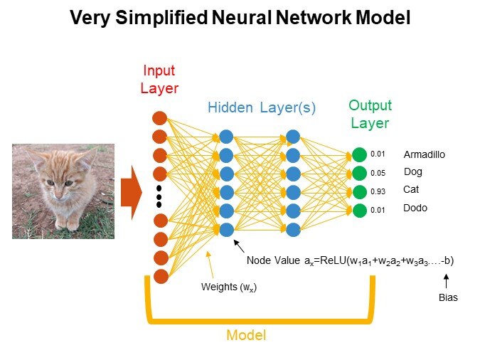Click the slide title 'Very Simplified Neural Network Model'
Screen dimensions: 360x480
click(240, 18)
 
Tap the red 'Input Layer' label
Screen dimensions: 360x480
click(160, 79)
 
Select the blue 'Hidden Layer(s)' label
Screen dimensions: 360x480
click(262, 108)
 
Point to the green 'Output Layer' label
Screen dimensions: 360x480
click(370, 114)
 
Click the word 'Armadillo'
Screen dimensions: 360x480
click(425, 154)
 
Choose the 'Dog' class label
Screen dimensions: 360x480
click(413, 172)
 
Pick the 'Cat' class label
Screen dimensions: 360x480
click(411, 190)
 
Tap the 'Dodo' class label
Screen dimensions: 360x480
click(415, 208)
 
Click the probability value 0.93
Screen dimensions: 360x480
click(378, 191)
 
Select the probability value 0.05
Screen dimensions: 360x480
click(378, 173)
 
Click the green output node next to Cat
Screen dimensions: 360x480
click(359, 191)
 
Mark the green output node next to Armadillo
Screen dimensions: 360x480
click(359, 154)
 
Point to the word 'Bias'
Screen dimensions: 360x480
click(448, 298)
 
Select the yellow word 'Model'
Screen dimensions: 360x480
click(245, 334)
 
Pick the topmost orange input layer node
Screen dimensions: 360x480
click(160, 118)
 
